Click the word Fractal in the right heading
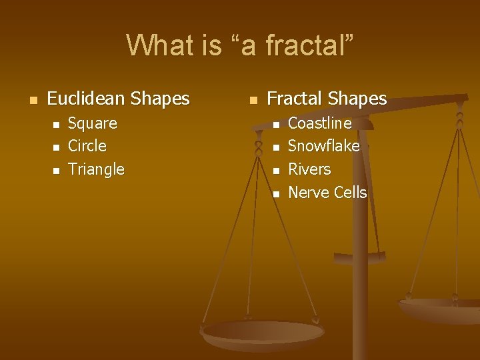tap(293, 99)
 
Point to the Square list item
tap(93, 123)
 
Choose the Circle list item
tap(87, 146)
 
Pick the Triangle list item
tap(97, 169)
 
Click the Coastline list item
tap(319, 123)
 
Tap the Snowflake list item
tap(323, 146)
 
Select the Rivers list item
tap(309, 169)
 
